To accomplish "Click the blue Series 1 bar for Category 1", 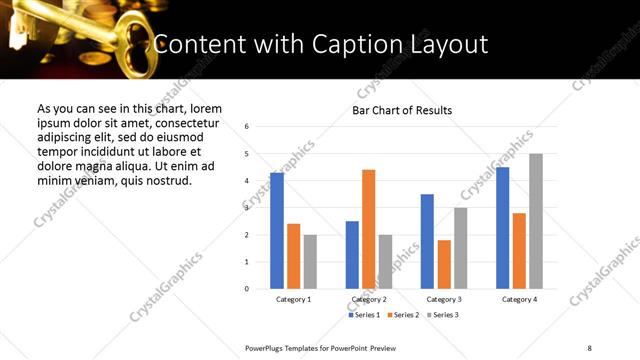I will coord(277,231).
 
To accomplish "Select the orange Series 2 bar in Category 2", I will coord(368,229).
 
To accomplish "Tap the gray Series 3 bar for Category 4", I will coord(536,221).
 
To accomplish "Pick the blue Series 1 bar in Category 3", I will coord(427,241).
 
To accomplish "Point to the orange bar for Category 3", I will coord(444,264).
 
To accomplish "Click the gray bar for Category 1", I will coord(310,262).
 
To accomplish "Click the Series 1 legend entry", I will coord(363,315).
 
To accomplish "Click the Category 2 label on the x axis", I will coord(369,299).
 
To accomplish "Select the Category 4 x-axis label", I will coord(519,299).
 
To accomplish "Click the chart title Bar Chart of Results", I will coord(402,110).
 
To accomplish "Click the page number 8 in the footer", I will coord(589,347).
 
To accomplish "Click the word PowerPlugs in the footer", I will coord(265,347).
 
